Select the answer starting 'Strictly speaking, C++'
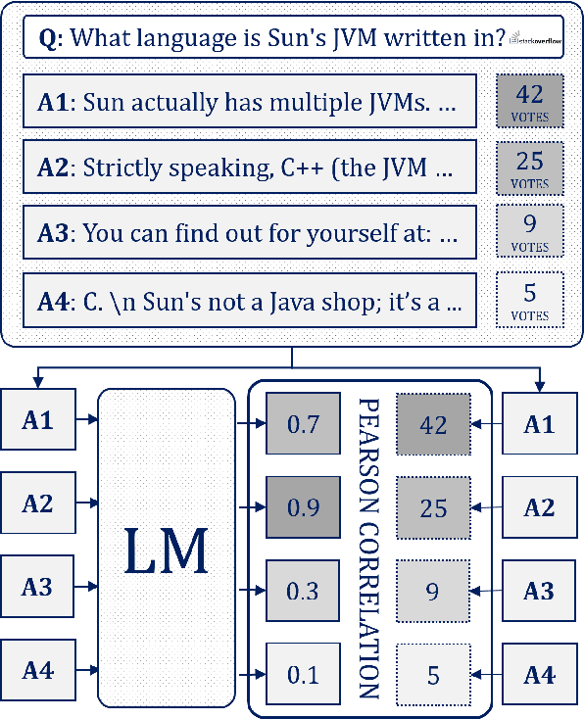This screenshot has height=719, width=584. (x=250, y=167)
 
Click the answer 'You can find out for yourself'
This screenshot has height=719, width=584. (x=250, y=233)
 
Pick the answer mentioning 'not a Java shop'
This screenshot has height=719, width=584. (x=250, y=300)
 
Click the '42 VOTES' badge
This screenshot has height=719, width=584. (x=530, y=100)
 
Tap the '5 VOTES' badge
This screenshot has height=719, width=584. (x=530, y=300)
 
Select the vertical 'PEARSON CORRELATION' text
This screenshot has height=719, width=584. (x=369, y=549)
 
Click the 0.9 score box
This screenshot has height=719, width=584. (x=302, y=507)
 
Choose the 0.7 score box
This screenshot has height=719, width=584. (x=302, y=424)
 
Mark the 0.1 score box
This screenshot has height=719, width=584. (x=302, y=674)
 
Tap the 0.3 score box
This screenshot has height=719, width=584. (x=302, y=591)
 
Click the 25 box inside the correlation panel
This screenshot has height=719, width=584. (x=433, y=507)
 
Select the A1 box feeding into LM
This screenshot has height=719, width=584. (x=37, y=421)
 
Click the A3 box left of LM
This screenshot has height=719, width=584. (x=37, y=588)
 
